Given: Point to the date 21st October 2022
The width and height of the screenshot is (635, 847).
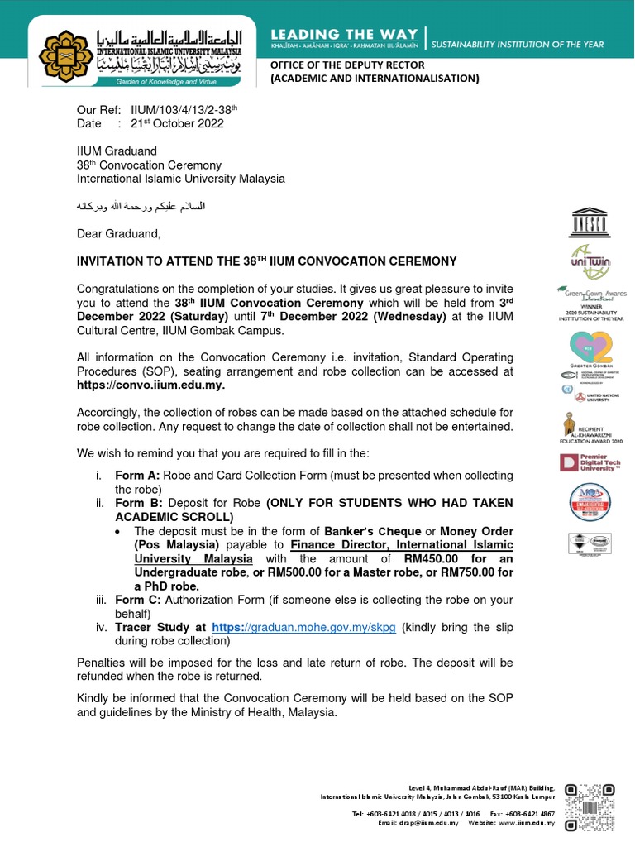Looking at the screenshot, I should point(177,123).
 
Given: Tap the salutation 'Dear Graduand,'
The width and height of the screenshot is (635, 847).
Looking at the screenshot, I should point(118,234).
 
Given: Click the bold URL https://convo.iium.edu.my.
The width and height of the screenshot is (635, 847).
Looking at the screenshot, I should point(150,385).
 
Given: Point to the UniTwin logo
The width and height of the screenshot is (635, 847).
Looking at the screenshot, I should point(590,261).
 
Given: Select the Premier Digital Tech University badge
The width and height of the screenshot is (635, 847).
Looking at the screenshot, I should point(590,462).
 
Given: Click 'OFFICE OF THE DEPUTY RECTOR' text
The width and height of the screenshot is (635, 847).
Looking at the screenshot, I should point(348,65).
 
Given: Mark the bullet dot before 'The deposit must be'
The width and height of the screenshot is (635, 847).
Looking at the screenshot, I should point(122,531).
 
